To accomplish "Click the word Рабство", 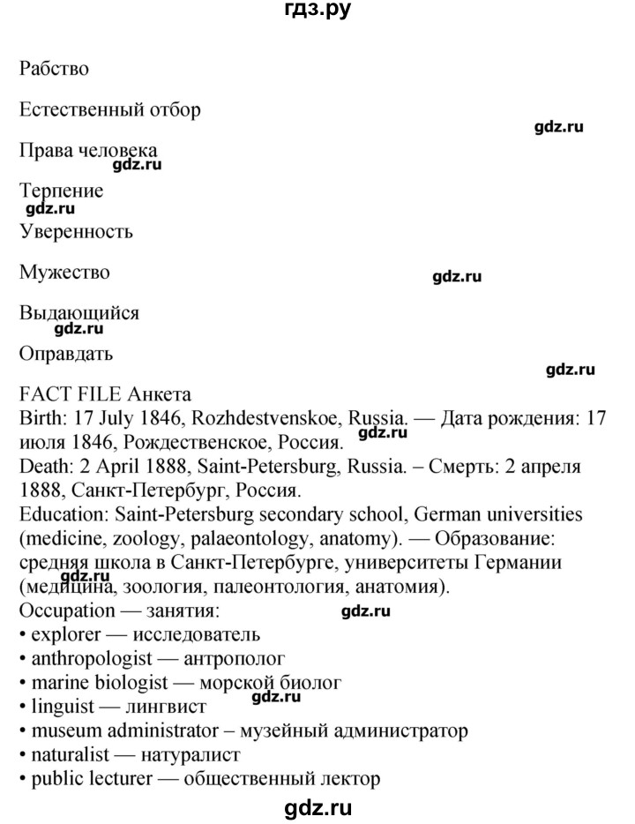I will pyautogui.click(x=53, y=69).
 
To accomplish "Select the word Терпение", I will pyautogui.click(x=61, y=191).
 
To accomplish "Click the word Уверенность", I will pyautogui.click(x=76, y=232).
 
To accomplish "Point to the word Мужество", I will pyautogui.click(x=64, y=273).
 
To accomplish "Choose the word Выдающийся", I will pyautogui.click(x=78, y=313).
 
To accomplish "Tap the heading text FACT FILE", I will pyautogui.click(x=71, y=394).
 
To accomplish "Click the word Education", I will pyautogui.click(x=58, y=513).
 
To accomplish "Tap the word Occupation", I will pyautogui.click(x=67, y=611).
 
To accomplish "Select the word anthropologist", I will pyautogui.click(x=88, y=658).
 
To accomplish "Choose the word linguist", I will pyautogui.click(x=59, y=707).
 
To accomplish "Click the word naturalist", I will pyautogui.click(x=67, y=755).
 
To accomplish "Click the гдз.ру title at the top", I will pyautogui.click(x=317, y=11).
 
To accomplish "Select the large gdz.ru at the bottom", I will pyautogui.click(x=317, y=807).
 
